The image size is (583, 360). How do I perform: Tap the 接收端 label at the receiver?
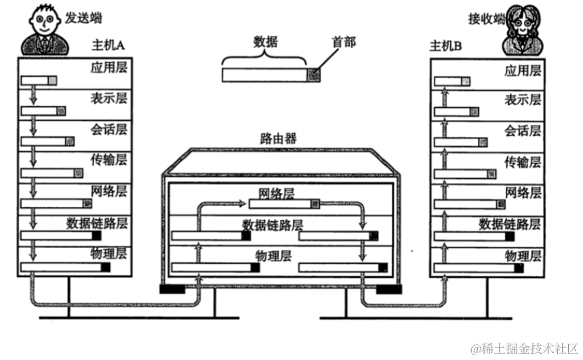487,18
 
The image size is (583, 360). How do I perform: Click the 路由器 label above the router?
278,139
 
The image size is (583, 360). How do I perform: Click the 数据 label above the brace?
266,42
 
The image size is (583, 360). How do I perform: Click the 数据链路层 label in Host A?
98,222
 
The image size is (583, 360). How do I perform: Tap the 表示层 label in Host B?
523,100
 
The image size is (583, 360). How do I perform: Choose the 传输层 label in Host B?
523,161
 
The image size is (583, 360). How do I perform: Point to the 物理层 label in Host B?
523,256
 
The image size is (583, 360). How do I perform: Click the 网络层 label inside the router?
277,193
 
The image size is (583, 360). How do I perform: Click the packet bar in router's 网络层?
283,203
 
